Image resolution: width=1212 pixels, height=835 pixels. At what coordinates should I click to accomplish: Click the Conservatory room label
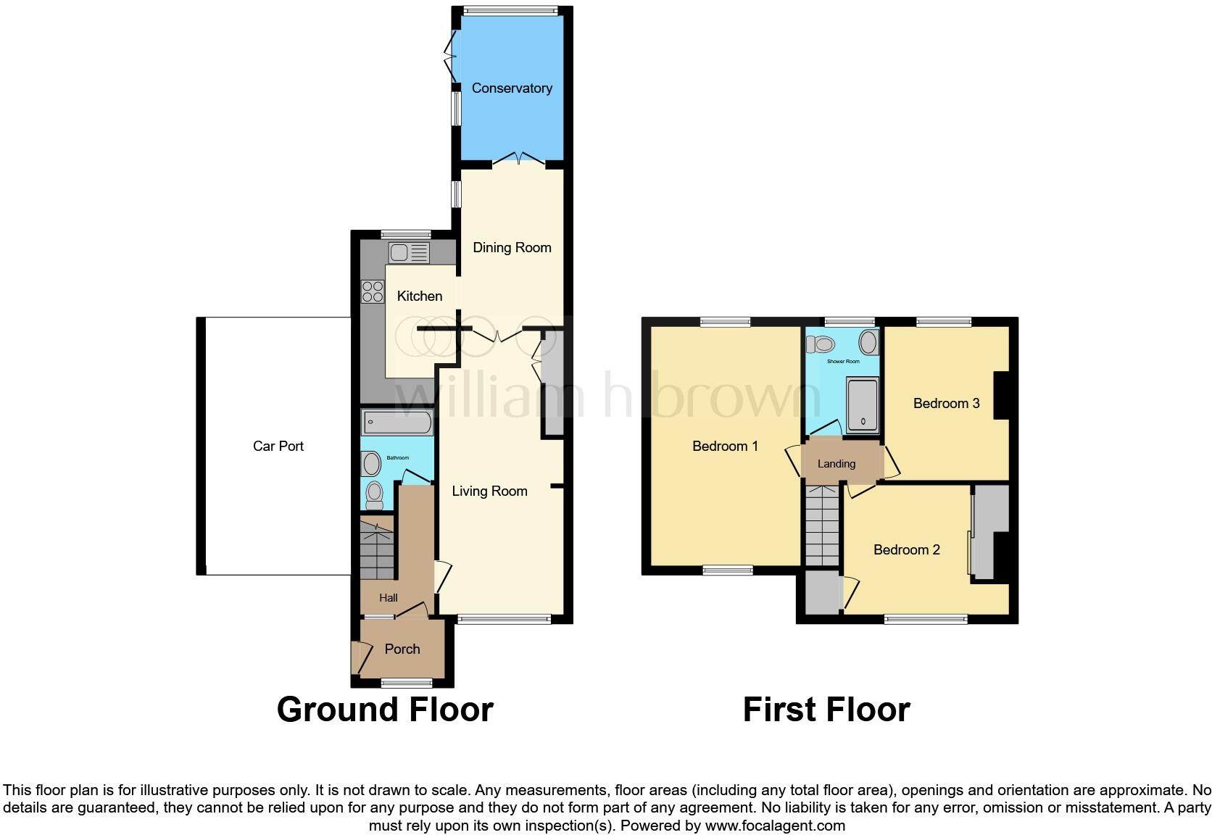512,88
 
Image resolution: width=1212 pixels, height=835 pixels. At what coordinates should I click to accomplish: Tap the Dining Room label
512,248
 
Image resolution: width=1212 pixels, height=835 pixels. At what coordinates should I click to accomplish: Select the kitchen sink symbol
409,253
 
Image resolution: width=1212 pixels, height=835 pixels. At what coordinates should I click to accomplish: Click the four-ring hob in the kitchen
373,291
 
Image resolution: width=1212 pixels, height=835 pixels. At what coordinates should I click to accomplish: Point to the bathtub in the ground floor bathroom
398,423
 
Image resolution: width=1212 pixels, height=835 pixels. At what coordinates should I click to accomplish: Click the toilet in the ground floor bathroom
374,494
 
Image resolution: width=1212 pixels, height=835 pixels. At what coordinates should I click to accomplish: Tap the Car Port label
278,446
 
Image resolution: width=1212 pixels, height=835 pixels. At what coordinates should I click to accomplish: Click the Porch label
402,649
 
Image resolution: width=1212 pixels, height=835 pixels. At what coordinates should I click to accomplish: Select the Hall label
389,599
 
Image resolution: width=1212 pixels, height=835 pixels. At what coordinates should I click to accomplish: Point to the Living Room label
489,491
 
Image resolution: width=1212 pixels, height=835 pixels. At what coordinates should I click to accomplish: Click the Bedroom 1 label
725,446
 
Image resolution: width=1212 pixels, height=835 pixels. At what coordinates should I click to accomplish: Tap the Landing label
837,464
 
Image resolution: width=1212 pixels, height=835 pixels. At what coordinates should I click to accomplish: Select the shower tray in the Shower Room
862,404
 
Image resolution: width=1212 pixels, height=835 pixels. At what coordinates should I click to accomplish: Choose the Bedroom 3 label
946,404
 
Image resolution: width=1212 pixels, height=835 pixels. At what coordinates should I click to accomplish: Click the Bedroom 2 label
906,550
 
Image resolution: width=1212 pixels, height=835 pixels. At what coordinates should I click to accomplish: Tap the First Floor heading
826,710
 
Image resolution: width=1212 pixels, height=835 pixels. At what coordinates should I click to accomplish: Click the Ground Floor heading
385,710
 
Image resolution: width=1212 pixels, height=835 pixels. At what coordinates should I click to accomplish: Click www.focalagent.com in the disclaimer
775,826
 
